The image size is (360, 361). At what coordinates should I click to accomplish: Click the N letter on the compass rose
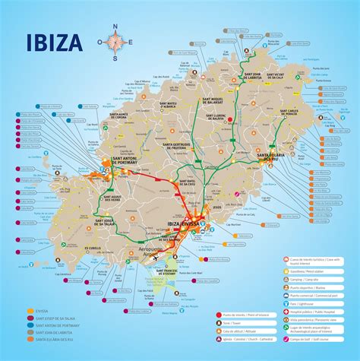point(114,27)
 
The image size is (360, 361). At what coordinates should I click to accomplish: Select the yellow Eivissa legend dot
point(30,310)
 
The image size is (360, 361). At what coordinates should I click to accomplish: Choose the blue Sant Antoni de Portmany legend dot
point(30,328)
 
